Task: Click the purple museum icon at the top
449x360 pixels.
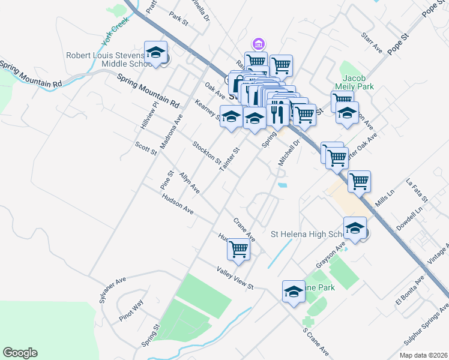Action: click(x=259, y=44)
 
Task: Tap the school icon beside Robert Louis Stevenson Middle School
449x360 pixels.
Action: click(x=155, y=52)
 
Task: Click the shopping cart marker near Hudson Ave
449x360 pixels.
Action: click(x=239, y=248)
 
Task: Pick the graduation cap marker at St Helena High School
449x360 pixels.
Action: click(x=355, y=227)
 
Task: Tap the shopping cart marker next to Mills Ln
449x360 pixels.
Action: click(x=359, y=181)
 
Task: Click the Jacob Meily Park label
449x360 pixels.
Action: click(x=358, y=82)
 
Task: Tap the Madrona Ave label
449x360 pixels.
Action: click(x=170, y=130)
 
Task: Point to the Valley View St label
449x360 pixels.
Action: click(x=236, y=278)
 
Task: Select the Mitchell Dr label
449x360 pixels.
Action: click(x=288, y=154)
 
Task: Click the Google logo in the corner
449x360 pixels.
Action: click(x=20, y=353)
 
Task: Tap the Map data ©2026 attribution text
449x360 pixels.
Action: click(x=423, y=355)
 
